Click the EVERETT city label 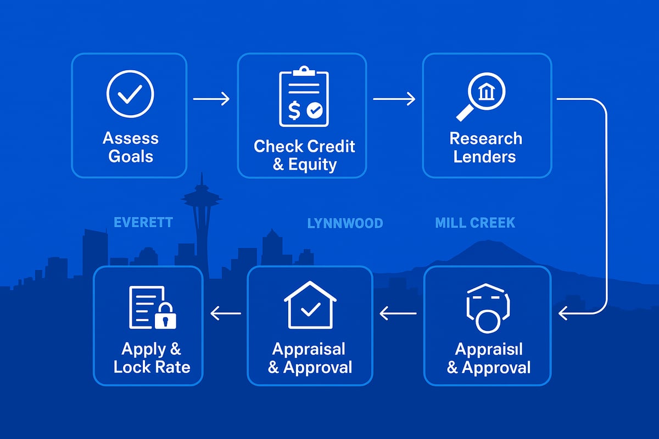[x=143, y=222]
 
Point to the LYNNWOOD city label [x=345, y=223]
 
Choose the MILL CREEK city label [x=475, y=223]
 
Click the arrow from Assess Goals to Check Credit [x=211, y=99]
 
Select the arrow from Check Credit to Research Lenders [x=394, y=99]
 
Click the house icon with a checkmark [x=310, y=305]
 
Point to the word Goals [x=131, y=156]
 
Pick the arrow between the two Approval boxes [x=398, y=313]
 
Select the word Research [x=485, y=138]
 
